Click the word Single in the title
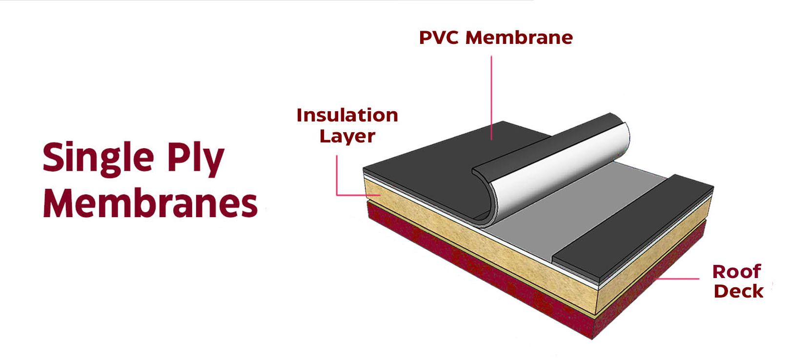tap(98, 159)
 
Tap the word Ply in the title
tap(196, 159)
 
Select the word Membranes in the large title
tap(150, 204)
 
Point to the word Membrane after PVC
tap(519, 38)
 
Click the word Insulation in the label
tap(347, 116)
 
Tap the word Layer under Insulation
tap(347, 137)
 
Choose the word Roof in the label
tap(736, 272)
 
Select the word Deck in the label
tap(739, 291)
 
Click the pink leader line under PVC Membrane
tap(491, 98)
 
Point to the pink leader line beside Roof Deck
tap(677, 279)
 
